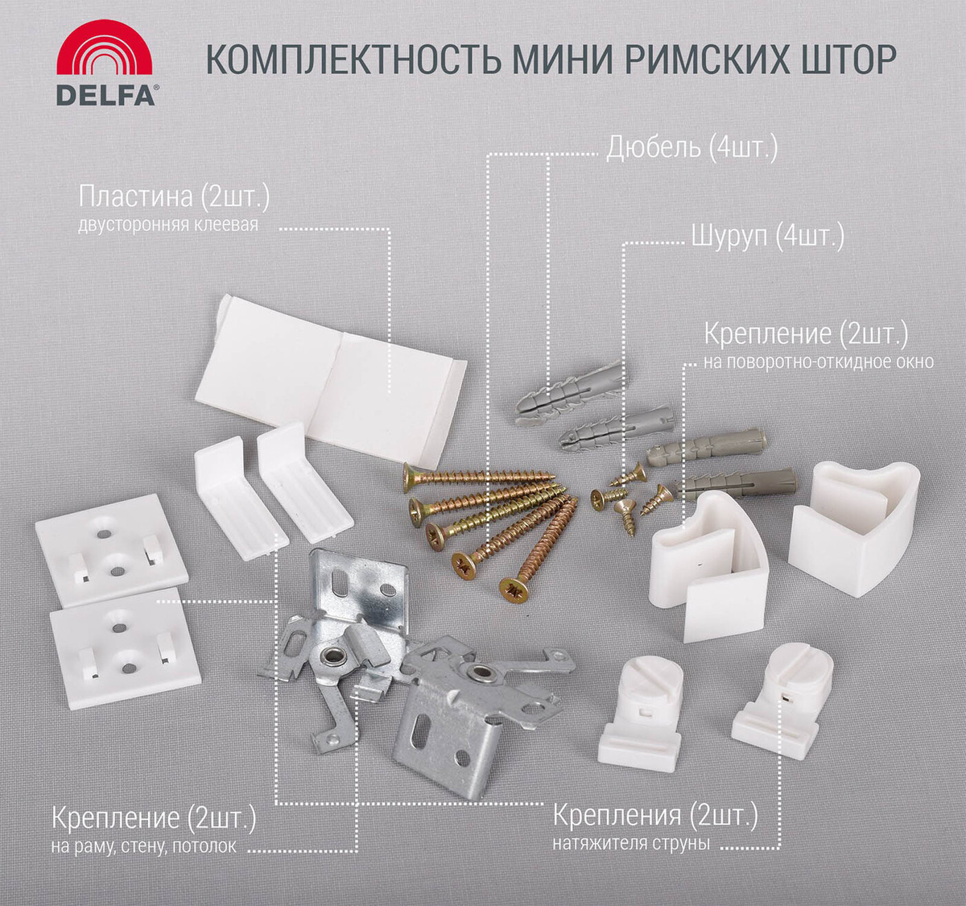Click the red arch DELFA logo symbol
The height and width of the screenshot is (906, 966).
pyautogui.click(x=105, y=48)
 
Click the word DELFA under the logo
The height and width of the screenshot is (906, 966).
pyautogui.click(x=105, y=95)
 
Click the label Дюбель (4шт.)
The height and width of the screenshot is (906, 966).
pyautogui.click(x=691, y=148)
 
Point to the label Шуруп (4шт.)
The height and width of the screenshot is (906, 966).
pyautogui.click(x=767, y=237)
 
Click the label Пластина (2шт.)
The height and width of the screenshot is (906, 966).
pyautogui.click(x=174, y=197)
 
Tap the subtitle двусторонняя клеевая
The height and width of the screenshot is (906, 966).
pyautogui.click(x=167, y=225)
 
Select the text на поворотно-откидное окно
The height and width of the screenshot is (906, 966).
pyautogui.click(x=819, y=362)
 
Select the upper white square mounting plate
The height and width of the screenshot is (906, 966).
pyautogui.click(x=111, y=550)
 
